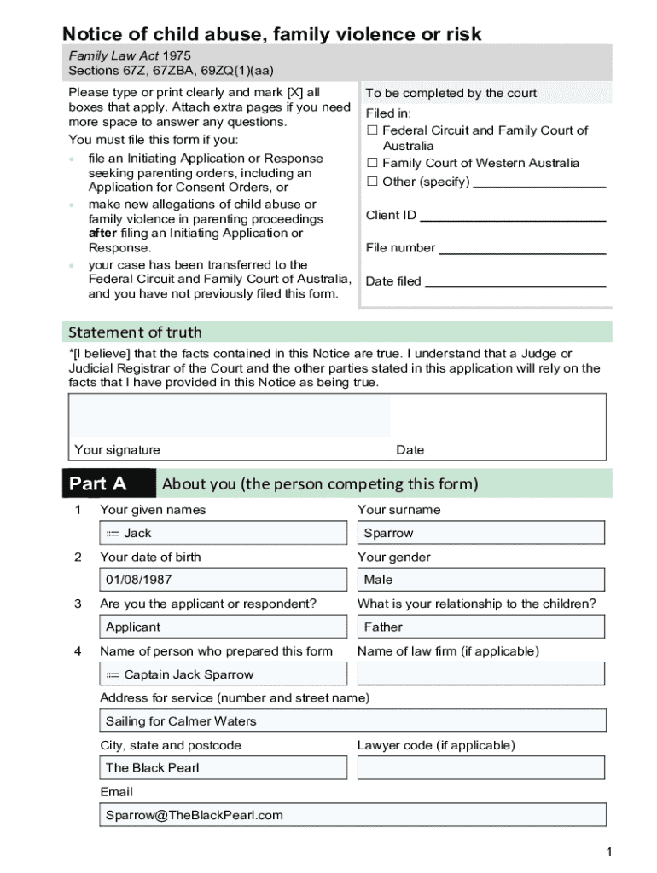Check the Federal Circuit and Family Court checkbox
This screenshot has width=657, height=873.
(372, 130)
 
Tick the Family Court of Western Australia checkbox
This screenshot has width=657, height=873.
(372, 163)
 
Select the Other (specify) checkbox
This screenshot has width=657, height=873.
(372, 182)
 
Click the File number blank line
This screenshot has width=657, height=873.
(521, 249)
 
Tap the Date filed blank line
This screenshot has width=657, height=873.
(515, 282)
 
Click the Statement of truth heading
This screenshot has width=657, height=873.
(135, 332)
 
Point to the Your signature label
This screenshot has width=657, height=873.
(117, 449)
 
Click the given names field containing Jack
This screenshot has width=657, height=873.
(224, 533)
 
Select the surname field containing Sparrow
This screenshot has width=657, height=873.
(481, 533)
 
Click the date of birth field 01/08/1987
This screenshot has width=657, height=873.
(224, 580)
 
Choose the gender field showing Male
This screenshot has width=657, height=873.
(481, 580)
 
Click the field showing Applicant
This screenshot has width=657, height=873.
(224, 627)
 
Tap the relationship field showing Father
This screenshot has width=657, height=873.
(481, 627)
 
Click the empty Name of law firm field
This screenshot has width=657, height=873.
(481, 674)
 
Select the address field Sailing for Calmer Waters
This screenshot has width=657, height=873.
(352, 721)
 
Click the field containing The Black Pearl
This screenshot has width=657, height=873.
(224, 767)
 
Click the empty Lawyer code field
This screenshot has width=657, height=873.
(481, 767)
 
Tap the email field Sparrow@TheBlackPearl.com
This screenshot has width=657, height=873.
(352, 815)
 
